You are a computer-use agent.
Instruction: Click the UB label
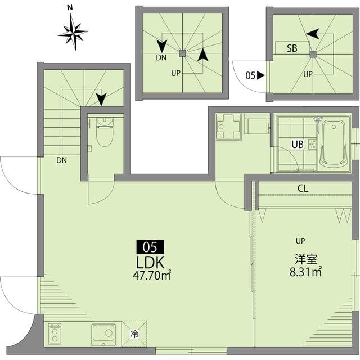pyautogui.click(x=298, y=145)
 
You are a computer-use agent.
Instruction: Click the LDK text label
pyautogui.click(x=150, y=262)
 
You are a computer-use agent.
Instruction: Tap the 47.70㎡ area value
pyautogui.click(x=151, y=276)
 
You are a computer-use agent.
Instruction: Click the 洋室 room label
pyautogui.click(x=306, y=259)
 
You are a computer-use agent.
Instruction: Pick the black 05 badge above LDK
pyautogui.click(x=150, y=246)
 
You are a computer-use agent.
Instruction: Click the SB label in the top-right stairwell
pyautogui.click(x=292, y=48)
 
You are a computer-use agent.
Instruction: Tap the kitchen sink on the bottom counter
pyautogui.click(x=103, y=334)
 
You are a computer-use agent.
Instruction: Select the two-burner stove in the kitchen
pyautogui.click(x=55, y=334)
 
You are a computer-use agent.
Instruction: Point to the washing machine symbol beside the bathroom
pyautogui.click(x=229, y=127)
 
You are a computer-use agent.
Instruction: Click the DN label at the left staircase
pyautogui.click(x=61, y=160)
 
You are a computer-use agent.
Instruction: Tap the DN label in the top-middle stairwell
pyautogui.click(x=161, y=57)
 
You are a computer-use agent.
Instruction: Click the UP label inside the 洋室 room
pyautogui.click(x=300, y=241)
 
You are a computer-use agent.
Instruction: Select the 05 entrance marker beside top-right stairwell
pyautogui.click(x=255, y=75)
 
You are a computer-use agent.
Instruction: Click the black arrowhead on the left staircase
pyautogui.click(x=101, y=100)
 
